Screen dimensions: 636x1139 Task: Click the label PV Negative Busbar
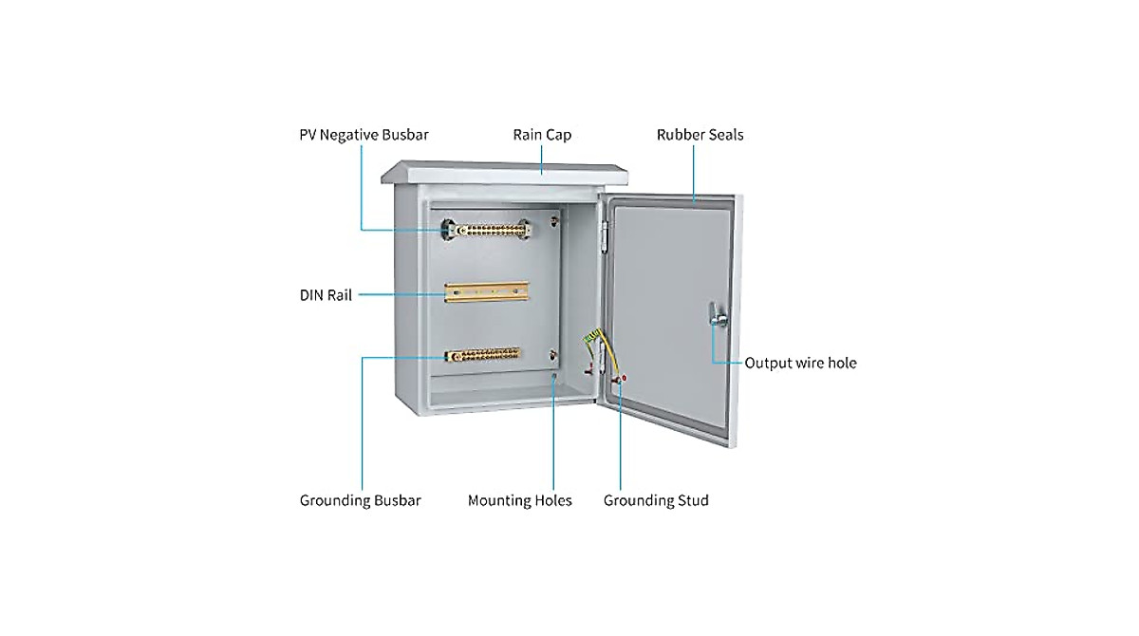click(x=364, y=135)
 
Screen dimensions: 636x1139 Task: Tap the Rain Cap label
click(x=542, y=135)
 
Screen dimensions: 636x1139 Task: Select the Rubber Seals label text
click(x=700, y=135)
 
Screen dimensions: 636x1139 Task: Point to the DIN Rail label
click(x=326, y=295)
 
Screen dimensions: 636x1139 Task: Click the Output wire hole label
click(x=800, y=363)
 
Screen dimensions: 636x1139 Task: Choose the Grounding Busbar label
click(x=360, y=500)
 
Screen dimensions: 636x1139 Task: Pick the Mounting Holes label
click(x=519, y=500)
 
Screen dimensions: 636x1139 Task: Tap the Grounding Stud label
click(x=656, y=500)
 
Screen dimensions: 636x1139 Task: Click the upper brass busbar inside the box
click(x=490, y=230)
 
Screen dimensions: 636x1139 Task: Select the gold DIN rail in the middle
click(x=486, y=292)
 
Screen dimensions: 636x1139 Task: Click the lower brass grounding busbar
click(x=483, y=355)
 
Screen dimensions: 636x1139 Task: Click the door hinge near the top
click(x=604, y=231)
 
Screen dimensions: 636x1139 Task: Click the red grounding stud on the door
click(x=623, y=379)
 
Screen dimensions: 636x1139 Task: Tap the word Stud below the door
click(x=690, y=500)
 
